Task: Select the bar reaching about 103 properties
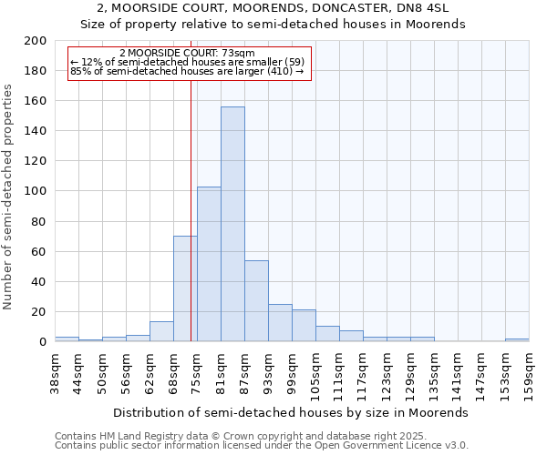(209, 264)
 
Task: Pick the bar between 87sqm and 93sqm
(256, 300)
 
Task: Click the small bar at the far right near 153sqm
(517, 339)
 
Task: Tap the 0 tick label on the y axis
(42, 341)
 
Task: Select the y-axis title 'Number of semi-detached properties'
(8, 197)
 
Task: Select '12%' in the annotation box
(88, 62)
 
